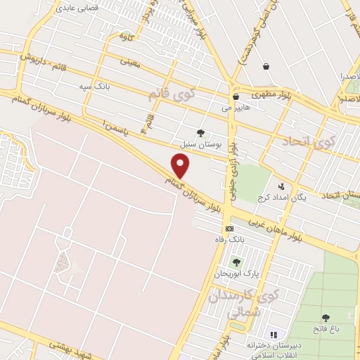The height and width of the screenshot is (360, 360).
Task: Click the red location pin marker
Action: (181, 167)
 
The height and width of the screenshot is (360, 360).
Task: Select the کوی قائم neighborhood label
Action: (171, 94)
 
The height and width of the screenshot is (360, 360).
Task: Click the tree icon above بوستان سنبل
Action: (201, 132)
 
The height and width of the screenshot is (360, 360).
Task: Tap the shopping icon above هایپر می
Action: (236, 97)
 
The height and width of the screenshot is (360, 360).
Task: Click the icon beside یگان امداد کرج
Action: (281, 186)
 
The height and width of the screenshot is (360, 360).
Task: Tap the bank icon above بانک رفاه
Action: (229, 229)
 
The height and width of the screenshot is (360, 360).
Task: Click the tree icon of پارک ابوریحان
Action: (236, 262)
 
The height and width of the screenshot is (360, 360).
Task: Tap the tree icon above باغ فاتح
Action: (326, 318)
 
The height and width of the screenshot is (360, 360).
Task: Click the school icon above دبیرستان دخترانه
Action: (274, 335)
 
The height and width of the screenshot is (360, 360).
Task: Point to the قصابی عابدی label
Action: (74, 9)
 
